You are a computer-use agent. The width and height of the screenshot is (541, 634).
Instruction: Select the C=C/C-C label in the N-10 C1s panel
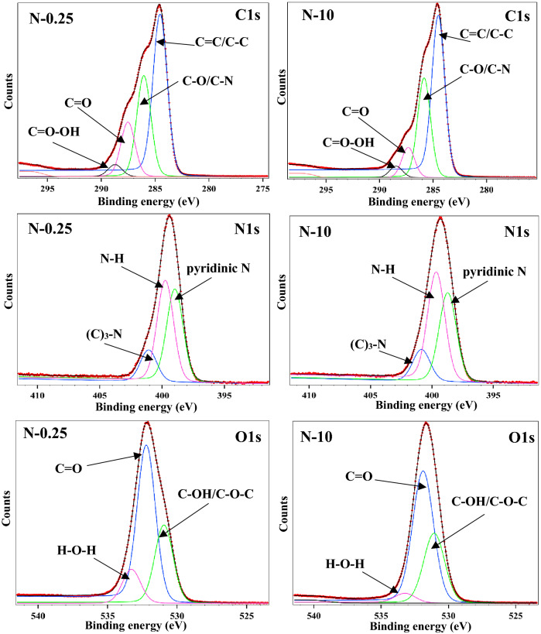coord(487,34)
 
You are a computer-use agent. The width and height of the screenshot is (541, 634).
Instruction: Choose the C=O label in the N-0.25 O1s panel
coord(71,467)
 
